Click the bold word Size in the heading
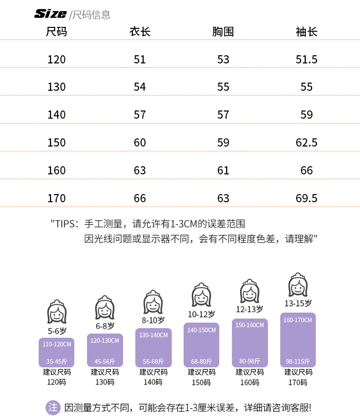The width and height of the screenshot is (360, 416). pos(50,14)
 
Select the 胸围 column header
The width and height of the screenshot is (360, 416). pos(223,32)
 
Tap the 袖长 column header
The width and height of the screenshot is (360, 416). pos(306,32)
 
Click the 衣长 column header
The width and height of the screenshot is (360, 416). pos(140,32)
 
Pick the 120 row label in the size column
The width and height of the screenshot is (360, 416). pos(57,60)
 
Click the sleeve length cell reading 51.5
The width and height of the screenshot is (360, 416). pos(306,60)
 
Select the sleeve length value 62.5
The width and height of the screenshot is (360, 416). pos(306,143)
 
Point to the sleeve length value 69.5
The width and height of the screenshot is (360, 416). pos(306,198)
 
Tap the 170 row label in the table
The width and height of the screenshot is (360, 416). pos(57,198)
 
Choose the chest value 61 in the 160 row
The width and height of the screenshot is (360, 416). pos(223,171)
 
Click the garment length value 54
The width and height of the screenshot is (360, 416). pos(140,87)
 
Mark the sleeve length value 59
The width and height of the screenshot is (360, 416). pos(306,115)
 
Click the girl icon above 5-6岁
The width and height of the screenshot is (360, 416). pos(57,312)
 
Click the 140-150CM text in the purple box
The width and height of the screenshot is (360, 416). pos(202,330)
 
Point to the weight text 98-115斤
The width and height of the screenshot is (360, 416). pos(298,361)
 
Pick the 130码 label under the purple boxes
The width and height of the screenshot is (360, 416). pos(105,382)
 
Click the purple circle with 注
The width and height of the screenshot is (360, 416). pos(53,408)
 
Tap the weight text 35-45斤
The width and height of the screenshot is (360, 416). pos(57,361)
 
